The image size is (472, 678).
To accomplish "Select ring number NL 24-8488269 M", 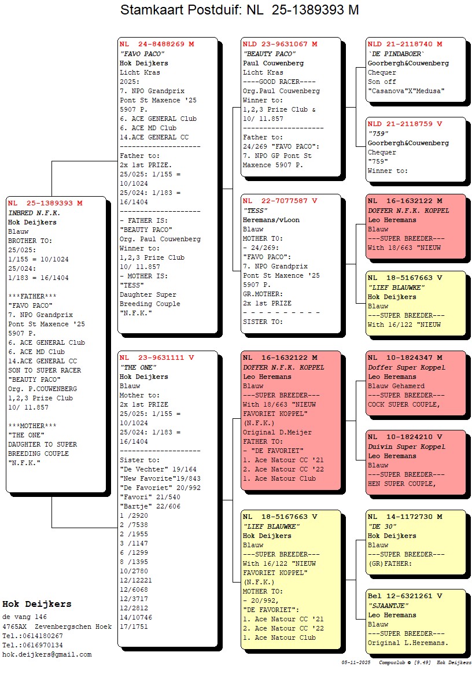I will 157,44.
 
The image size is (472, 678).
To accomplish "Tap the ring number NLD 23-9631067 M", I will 280,44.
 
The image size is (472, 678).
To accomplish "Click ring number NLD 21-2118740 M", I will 405,44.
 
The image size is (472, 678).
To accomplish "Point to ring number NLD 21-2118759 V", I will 405,124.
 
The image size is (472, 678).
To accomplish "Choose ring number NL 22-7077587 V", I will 280,201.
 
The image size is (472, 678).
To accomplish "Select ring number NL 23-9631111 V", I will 157,358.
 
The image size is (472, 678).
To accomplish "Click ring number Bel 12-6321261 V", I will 405,596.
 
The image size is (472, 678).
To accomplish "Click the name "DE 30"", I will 382,526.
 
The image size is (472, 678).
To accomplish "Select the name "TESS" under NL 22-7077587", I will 256,211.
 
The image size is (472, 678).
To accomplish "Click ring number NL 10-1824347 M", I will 405,358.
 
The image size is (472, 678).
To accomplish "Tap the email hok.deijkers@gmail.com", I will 47,654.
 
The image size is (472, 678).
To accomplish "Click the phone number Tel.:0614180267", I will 33,635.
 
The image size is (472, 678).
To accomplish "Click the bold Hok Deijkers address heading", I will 37,604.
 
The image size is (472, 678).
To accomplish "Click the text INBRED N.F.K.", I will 34,212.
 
